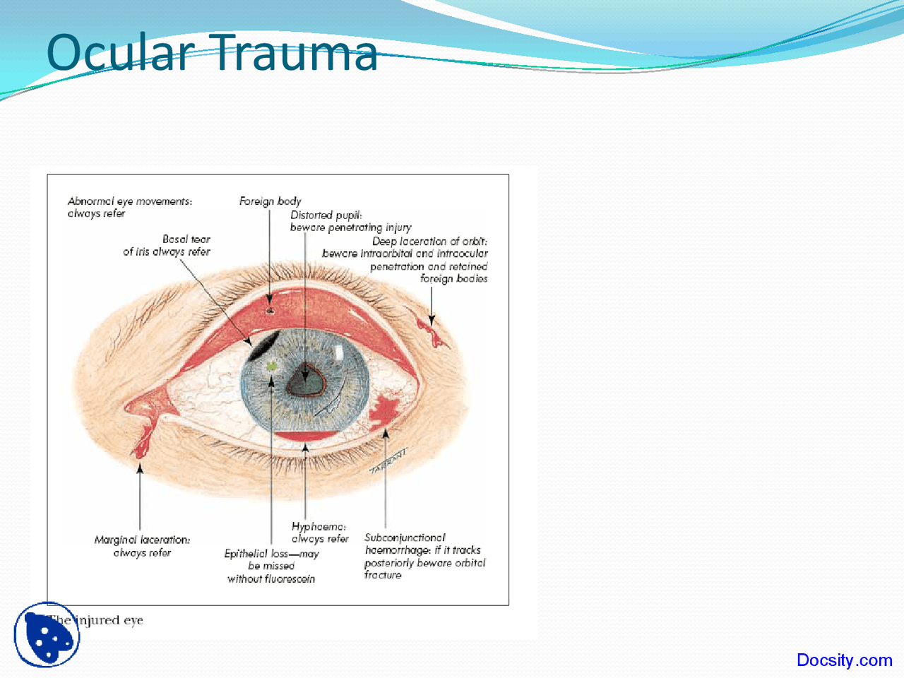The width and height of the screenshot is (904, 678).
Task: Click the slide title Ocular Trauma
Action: pyautogui.click(x=212, y=53)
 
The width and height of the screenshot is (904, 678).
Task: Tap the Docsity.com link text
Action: pyautogui.click(x=844, y=660)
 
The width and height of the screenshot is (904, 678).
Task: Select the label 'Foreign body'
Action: pyautogui.click(x=270, y=201)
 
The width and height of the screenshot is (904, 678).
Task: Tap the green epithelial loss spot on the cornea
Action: pyautogui.click(x=272, y=366)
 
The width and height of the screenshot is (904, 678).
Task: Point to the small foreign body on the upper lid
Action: pyautogui.click(x=269, y=309)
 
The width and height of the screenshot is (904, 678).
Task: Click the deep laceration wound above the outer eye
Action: pyautogui.click(x=432, y=332)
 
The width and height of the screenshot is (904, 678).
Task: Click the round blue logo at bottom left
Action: pyautogui.click(x=47, y=634)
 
